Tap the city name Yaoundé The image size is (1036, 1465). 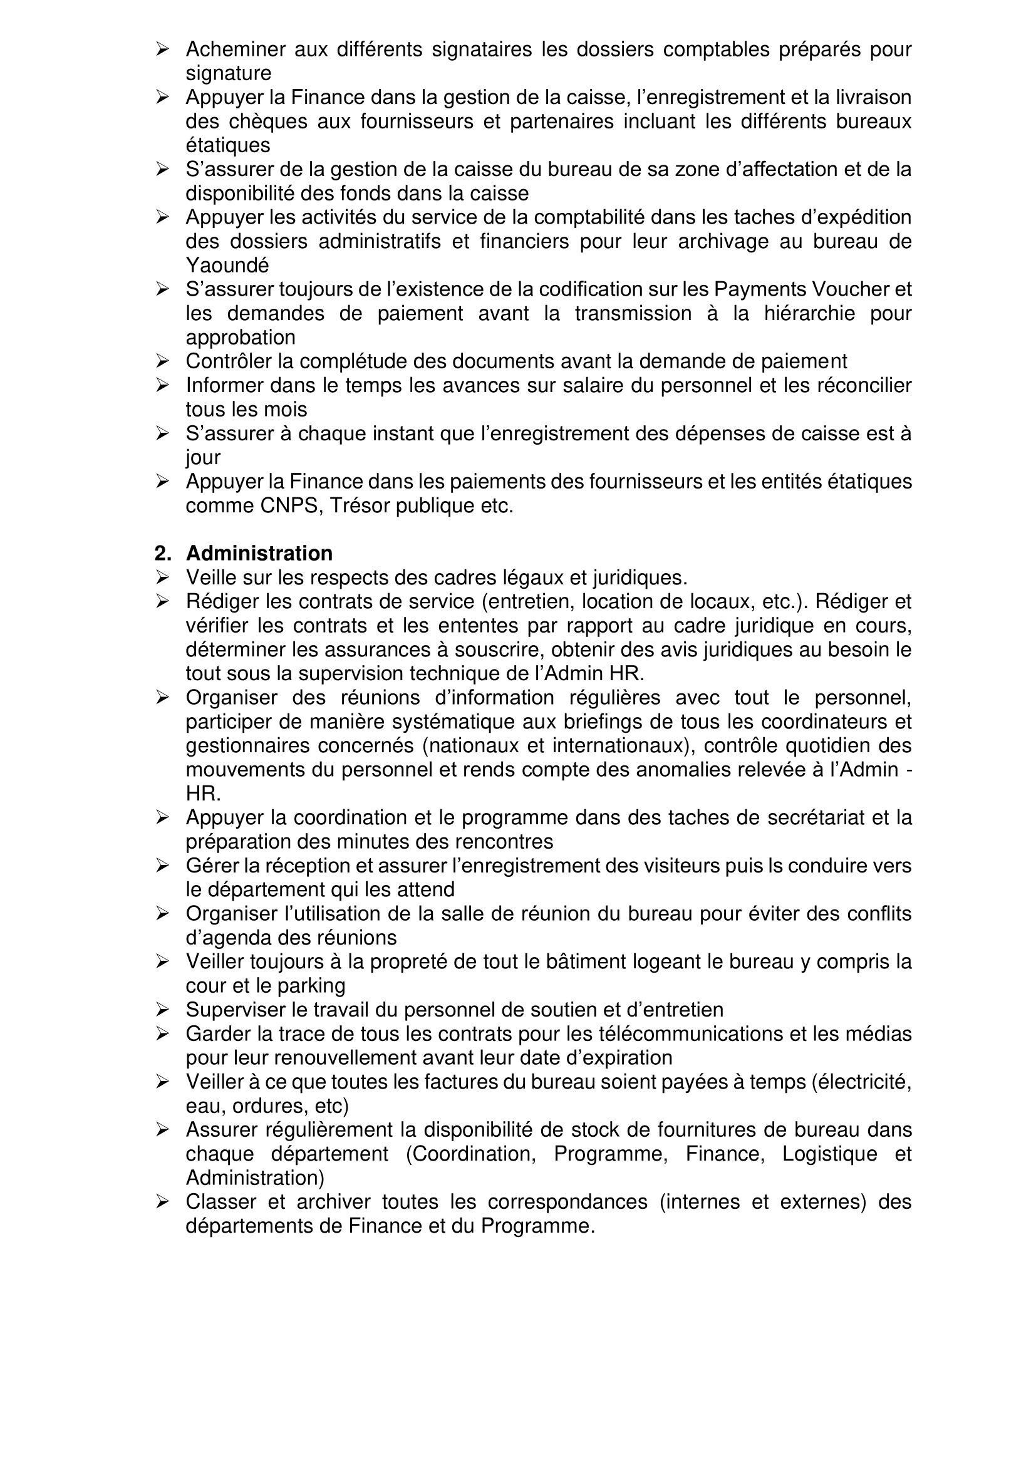point(227,266)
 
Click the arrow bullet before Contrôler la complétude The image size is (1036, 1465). point(162,362)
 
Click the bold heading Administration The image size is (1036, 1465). point(259,553)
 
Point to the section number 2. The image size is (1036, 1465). point(162,553)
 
